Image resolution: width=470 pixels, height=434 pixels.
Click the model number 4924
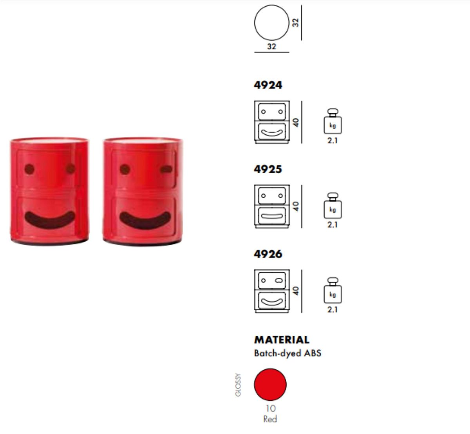268,85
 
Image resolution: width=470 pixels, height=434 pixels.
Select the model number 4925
268,169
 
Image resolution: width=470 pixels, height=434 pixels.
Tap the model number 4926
268,254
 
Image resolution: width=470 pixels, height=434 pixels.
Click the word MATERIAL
282,340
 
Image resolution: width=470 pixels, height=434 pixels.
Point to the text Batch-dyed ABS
287,353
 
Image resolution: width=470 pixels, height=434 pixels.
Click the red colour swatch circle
270,385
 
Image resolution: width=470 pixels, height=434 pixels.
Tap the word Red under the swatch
270,419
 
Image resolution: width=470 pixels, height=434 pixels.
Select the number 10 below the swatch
271,408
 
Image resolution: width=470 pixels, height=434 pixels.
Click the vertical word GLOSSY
238,385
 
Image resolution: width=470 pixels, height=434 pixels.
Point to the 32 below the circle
271,46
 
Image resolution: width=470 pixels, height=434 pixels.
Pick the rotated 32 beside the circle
296,23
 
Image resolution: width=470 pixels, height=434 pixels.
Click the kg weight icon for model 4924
333,121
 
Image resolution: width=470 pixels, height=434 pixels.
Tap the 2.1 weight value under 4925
333,225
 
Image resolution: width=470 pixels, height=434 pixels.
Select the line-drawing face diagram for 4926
272,291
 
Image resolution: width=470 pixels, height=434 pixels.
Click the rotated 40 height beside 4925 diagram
296,206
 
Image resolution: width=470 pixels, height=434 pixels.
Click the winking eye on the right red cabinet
166,169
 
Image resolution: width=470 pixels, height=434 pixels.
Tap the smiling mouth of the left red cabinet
50,220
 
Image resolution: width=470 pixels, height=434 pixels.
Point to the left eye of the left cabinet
29,169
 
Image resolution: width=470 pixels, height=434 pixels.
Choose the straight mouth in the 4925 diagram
272,216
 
